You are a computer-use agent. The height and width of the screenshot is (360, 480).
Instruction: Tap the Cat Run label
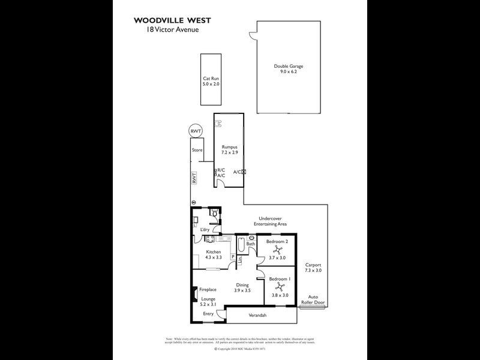[x=210, y=78]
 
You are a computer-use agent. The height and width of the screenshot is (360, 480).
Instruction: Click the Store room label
[x=197, y=150]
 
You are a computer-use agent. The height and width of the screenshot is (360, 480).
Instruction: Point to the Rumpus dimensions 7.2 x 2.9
[x=230, y=153]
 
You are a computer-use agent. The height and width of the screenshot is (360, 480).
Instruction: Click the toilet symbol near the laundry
[x=214, y=214]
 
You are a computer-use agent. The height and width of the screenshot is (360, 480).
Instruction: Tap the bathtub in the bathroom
[x=240, y=246]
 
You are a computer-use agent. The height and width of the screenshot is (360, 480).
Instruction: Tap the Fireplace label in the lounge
[x=208, y=289]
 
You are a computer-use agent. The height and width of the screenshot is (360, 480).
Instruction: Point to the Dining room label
[x=242, y=285]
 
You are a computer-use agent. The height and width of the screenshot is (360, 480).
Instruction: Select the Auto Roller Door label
[x=316, y=299]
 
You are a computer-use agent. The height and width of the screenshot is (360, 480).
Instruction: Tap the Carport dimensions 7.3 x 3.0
[x=313, y=271]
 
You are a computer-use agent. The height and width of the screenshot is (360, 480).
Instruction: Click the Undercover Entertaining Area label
[x=272, y=221]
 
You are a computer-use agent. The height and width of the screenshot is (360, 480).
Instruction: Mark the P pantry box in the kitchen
[x=233, y=257]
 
